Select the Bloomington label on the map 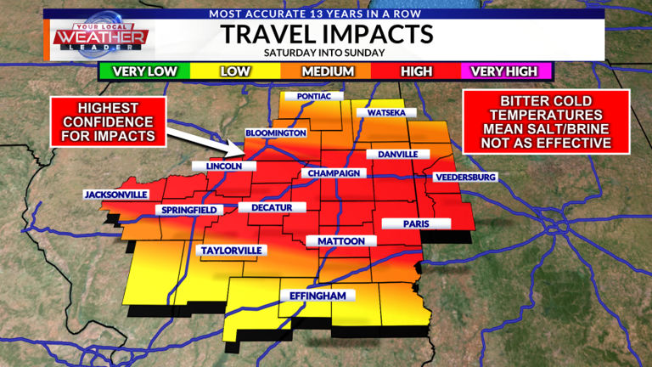275,133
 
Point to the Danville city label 397,155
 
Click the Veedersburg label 464,178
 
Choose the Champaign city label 335,173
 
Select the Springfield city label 189,210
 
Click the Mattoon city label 341,241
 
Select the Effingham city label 316,296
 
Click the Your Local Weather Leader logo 100,37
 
